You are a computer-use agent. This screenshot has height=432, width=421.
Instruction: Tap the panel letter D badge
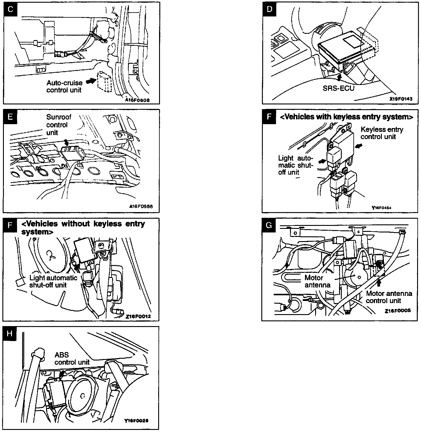point(269,9)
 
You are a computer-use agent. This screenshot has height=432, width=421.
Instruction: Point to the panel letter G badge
point(269,225)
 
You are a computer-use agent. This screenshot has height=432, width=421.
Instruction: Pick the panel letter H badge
point(10,333)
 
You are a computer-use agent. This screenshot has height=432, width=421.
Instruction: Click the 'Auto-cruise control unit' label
point(64,86)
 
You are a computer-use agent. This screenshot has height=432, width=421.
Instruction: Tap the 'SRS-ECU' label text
point(338,89)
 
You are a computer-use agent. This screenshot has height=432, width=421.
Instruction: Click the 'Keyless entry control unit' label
point(382,133)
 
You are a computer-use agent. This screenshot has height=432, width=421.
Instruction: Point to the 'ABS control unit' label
point(72,358)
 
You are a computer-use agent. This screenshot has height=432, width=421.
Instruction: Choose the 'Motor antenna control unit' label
point(389,297)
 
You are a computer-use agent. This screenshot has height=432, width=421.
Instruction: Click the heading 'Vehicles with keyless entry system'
point(346,117)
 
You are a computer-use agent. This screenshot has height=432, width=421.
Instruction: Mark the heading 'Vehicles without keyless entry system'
point(83,227)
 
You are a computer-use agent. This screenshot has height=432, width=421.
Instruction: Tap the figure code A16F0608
point(137,100)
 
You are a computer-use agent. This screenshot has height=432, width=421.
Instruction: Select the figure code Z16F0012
point(138,316)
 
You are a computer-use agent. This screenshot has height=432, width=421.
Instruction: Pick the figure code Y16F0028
point(136,420)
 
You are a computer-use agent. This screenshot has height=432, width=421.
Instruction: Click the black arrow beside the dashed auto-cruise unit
point(91,80)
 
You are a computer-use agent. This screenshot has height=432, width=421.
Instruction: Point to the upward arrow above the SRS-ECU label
point(338,77)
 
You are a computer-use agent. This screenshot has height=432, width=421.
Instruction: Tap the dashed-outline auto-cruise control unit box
point(104,81)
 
